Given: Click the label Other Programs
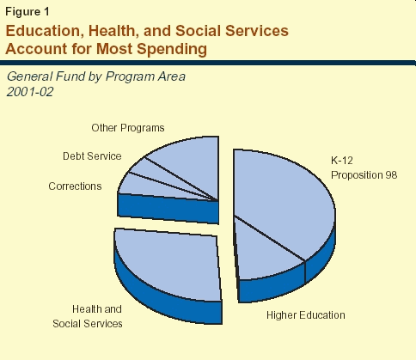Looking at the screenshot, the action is click(128, 128).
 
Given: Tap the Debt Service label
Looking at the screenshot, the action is click(92, 156).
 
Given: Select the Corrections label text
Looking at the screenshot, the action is click(75, 186).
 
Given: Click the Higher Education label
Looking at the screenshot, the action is click(306, 315).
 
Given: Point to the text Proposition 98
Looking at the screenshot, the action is click(364, 175).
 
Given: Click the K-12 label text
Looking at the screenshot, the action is click(342, 161).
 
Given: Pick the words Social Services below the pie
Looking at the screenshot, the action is click(88, 324).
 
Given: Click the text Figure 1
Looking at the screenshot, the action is click(28, 12).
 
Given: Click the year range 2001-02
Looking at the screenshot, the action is click(30, 92).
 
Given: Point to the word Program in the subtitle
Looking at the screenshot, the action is click(128, 76).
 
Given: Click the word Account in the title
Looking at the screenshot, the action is click(36, 49).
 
